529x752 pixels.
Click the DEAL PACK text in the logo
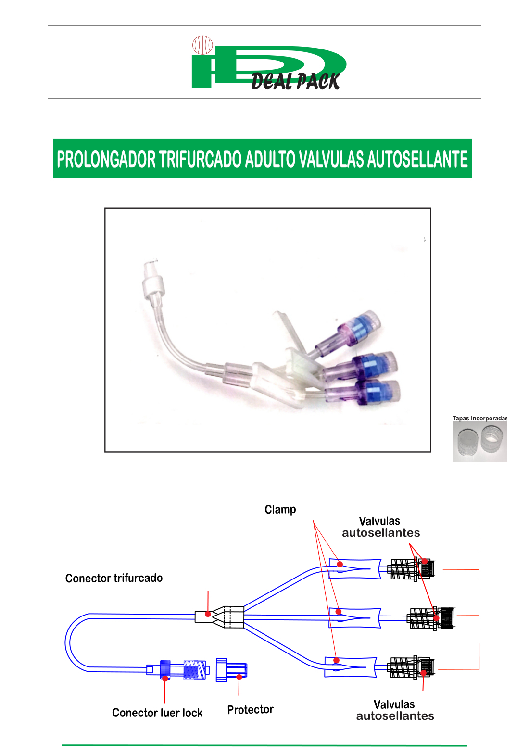[x=295, y=81]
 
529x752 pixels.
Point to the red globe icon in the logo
[x=202, y=45]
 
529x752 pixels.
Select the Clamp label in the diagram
[x=280, y=510]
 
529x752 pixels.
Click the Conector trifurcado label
[x=114, y=578]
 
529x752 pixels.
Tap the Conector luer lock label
[x=157, y=713]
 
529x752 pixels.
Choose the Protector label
[x=251, y=709]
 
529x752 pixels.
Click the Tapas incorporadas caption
[x=479, y=419]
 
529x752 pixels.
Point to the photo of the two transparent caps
[x=479, y=442]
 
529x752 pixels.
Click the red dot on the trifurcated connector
[x=208, y=614]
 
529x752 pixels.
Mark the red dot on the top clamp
[x=340, y=564]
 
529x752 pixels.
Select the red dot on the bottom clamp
[x=336, y=660]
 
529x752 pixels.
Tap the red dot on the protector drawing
[x=239, y=677]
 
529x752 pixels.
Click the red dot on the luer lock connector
[x=165, y=678]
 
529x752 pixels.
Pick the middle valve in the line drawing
[x=430, y=619]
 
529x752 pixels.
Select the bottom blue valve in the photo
[x=363, y=393]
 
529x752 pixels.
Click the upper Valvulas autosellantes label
[x=381, y=527]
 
